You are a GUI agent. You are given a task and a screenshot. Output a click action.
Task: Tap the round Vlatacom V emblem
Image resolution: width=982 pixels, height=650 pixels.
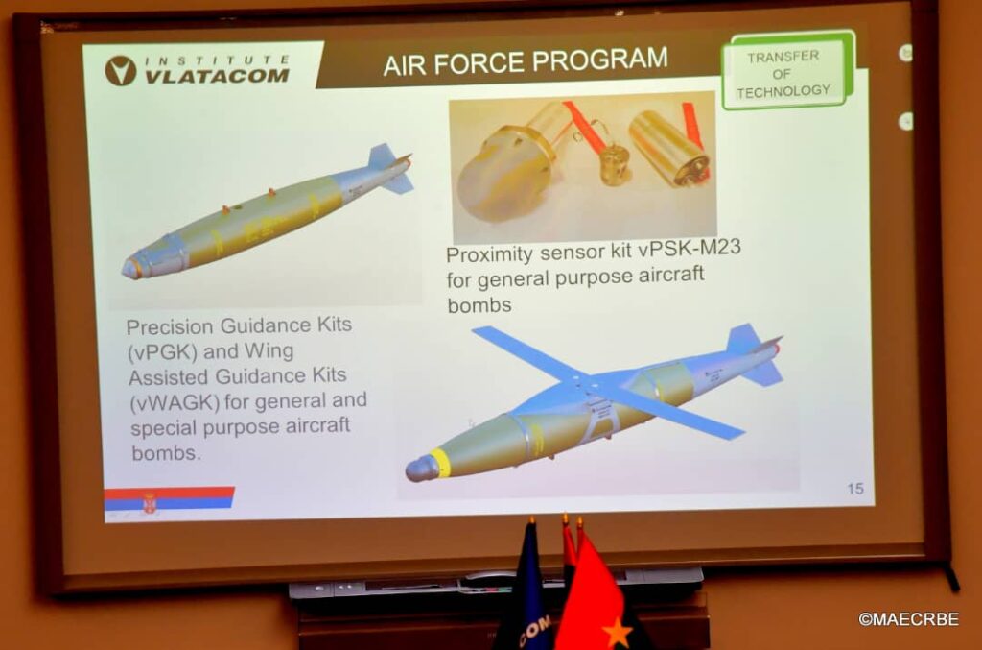click(x=120, y=70)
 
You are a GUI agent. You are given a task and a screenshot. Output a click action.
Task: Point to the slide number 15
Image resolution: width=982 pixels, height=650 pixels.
click(x=854, y=489)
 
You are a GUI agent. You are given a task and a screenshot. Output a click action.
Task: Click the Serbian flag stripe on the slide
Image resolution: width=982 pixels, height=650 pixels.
click(x=169, y=499)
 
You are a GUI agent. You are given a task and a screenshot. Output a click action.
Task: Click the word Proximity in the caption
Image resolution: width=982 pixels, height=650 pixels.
click(x=489, y=254)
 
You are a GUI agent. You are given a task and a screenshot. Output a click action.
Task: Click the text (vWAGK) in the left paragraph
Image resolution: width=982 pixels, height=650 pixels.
click(x=175, y=402)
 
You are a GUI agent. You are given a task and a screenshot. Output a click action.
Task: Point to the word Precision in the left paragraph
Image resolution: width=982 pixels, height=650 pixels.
click(x=170, y=326)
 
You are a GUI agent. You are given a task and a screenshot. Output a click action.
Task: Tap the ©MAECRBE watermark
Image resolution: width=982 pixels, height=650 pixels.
click(x=908, y=619)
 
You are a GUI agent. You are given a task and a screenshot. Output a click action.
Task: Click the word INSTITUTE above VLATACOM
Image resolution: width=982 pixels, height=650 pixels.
click(x=217, y=60)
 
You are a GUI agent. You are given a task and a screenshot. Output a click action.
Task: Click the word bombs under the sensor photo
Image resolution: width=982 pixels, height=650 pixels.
click(x=479, y=305)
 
